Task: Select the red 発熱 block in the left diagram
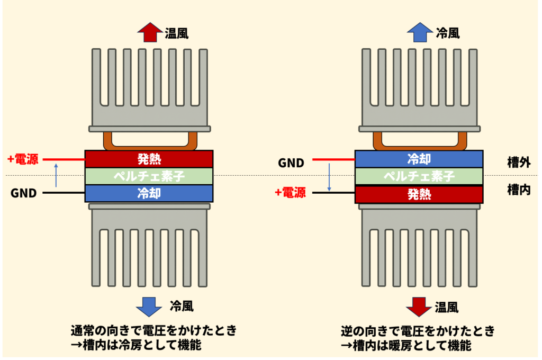pos(149,159)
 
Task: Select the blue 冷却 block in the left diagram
pos(149,193)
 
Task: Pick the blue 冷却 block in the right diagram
pos(419,159)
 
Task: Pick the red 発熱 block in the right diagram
pos(419,194)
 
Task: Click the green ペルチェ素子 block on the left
pos(149,176)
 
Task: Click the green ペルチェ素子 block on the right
pos(419,176)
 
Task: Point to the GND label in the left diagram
pos(23,193)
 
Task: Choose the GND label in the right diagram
pos(291,163)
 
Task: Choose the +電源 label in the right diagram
pos(290,192)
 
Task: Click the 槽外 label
pos(519,163)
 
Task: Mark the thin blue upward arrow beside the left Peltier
pos(57,175)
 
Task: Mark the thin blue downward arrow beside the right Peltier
pos(329,177)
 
